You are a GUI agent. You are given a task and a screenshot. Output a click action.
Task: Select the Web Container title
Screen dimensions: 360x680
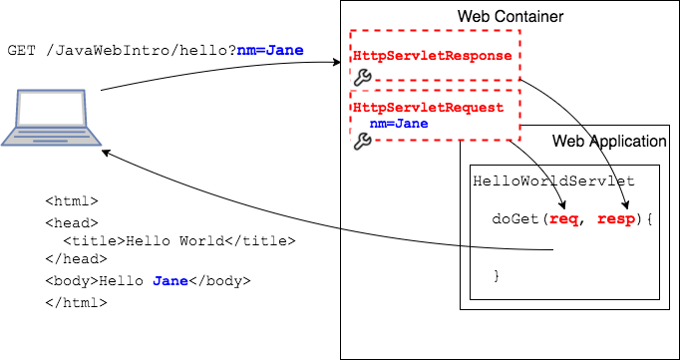tap(510, 17)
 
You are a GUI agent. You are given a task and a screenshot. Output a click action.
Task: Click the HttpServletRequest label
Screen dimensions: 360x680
tap(428, 108)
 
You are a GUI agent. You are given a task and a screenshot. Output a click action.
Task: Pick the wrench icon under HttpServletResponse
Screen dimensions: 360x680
tap(362, 76)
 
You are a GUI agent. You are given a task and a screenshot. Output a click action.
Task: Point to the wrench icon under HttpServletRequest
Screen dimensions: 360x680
tap(362, 142)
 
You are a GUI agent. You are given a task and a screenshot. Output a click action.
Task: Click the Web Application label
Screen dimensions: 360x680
tap(609, 142)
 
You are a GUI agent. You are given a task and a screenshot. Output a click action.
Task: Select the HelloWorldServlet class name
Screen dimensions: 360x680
tap(553, 181)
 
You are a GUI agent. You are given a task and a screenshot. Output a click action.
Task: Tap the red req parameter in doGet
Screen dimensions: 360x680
tap(563, 218)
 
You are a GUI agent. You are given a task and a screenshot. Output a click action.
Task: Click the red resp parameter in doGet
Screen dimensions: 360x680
tap(614, 218)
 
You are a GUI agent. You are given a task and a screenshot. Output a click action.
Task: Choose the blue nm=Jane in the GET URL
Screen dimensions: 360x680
tap(270, 50)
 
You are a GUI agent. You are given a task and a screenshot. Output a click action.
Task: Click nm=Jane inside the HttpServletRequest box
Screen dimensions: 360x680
tap(399, 124)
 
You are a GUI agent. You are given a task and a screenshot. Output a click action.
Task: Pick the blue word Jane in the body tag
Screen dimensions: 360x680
tap(170, 281)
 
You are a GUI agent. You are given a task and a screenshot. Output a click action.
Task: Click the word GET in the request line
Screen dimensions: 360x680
tap(21, 50)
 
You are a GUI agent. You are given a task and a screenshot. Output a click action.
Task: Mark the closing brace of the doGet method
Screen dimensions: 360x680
tap(496, 274)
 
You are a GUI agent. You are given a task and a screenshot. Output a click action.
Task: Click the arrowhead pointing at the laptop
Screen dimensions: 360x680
tap(106, 153)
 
